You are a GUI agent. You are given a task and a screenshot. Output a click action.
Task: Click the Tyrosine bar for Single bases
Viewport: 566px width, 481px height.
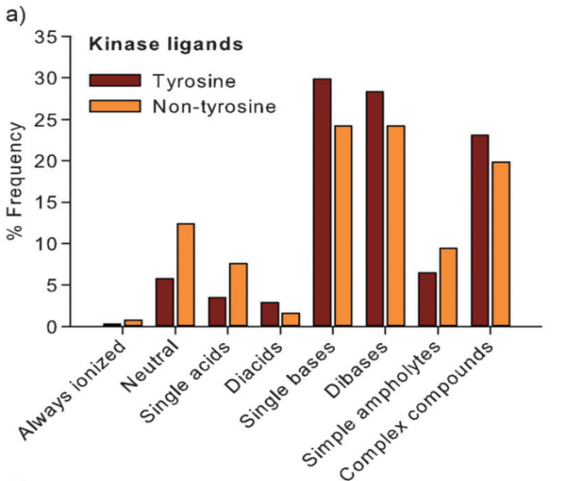(x=322, y=203)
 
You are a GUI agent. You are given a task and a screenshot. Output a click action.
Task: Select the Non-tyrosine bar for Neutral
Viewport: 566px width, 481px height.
(x=185, y=275)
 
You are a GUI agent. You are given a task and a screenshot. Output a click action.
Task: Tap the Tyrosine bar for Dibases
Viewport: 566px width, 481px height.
(x=374, y=209)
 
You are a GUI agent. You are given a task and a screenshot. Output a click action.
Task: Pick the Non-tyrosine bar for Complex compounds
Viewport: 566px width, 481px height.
(x=501, y=245)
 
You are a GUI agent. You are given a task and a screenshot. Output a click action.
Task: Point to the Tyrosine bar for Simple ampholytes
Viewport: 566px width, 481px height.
(x=427, y=299)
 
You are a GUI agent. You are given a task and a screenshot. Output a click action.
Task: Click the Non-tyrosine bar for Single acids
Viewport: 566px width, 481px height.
(x=238, y=295)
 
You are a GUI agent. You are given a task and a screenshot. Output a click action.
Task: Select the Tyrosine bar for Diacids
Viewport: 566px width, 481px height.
(x=270, y=314)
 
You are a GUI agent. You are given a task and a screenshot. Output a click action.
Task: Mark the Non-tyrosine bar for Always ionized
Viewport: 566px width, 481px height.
(x=133, y=323)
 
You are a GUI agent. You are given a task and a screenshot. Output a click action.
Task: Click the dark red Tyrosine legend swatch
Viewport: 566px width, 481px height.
(x=115, y=80)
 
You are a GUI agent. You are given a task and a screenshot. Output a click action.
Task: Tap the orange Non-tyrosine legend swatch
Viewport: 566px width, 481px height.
(x=115, y=106)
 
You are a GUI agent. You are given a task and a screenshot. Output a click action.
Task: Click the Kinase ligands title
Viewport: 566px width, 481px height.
(x=166, y=45)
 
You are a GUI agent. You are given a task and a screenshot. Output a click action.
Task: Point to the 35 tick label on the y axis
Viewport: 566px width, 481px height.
(x=46, y=37)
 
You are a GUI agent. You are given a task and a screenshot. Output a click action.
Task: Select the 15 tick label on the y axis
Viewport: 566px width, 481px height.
(x=46, y=203)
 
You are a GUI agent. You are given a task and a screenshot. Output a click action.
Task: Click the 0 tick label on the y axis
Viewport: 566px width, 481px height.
(x=52, y=328)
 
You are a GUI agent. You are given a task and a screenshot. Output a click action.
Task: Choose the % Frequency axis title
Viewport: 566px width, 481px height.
(x=16, y=181)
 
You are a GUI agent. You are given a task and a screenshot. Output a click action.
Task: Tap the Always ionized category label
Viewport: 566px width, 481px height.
(x=72, y=390)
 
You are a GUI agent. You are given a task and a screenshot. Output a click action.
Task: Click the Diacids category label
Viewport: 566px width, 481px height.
(x=253, y=367)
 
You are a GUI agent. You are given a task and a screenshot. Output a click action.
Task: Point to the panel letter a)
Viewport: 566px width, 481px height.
(x=16, y=16)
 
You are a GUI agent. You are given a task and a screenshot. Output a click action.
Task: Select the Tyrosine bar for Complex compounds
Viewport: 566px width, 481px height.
(x=480, y=231)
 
